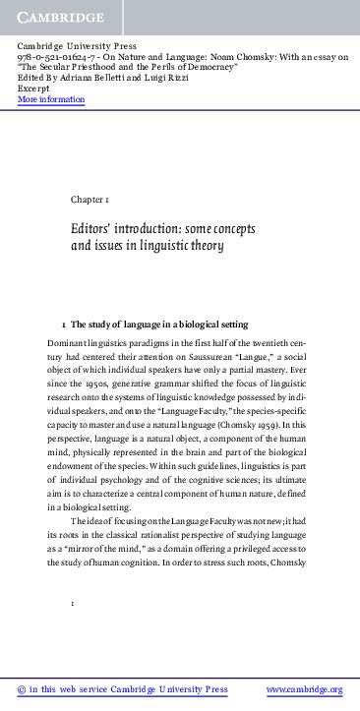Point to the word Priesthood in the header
coord(108,68)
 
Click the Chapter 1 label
coord(95,200)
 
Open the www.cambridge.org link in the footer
coord(305,690)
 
